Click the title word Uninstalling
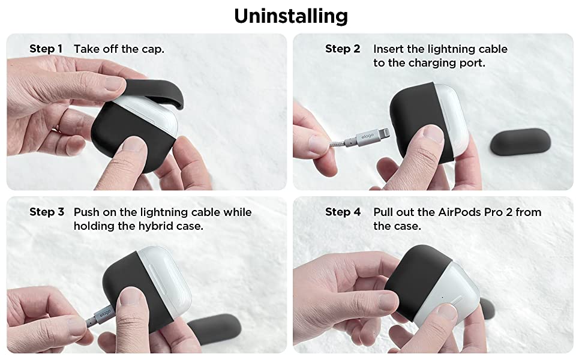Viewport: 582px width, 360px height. pyautogui.click(x=291, y=17)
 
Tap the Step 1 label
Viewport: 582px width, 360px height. pyautogui.click(x=46, y=49)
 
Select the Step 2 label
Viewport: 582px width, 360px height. pyautogui.click(x=343, y=49)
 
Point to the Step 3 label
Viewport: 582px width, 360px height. pyautogui.click(x=47, y=212)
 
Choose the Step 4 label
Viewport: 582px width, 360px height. pyautogui.click(x=343, y=212)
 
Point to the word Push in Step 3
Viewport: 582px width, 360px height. pyautogui.click(x=86, y=212)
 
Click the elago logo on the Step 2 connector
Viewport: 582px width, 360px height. pyautogui.click(x=367, y=137)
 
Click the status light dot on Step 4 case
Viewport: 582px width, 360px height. pyautogui.click(x=442, y=297)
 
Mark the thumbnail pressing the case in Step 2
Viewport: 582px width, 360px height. pyautogui.click(x=433, y=134)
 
